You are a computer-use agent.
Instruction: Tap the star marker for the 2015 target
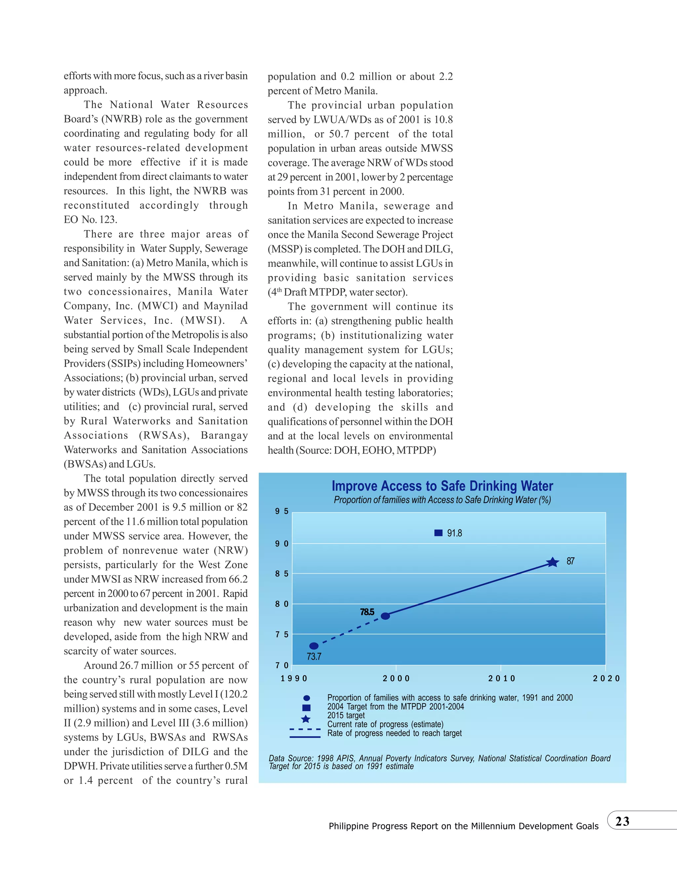pos(553,562)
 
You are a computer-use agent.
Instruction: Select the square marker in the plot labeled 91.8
pos(438,533)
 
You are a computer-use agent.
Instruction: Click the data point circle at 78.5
pos(385,616)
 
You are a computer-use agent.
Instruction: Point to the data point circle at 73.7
pos(314,646)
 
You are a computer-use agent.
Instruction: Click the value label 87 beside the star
pos(570,561)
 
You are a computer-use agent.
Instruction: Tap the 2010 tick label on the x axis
pos(501,678)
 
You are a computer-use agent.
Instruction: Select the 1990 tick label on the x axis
pos(294,678)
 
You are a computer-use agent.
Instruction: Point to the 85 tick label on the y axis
pos(282,574)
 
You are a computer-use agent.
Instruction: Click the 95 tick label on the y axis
pos(282,511)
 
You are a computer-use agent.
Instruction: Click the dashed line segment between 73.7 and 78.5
pos(349,632)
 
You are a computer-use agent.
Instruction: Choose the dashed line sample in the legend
pos(305,729)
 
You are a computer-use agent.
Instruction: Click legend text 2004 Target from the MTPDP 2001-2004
pos(395,707)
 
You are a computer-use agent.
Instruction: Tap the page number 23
pos(622,821)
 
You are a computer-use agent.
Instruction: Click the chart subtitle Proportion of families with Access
pos(442,500)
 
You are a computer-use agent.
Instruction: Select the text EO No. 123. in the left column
pos(90,220)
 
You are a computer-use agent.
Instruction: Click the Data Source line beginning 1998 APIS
pos(439,758)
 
